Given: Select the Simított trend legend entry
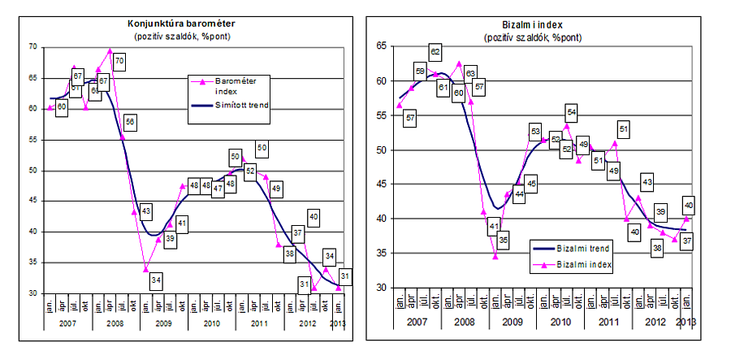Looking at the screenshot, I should pos(236,106).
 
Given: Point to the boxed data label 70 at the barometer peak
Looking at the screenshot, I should pos(119,60).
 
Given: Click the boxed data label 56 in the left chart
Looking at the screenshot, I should pos(130,123).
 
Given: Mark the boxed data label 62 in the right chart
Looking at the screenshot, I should pos(435,53).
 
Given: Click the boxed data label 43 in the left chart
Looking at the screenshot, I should pos(145,213).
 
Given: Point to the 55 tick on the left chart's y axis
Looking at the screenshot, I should pos(33,140).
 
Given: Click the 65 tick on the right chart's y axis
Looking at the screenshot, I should pos(381,48).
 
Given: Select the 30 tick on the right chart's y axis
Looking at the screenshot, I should pos(381,288).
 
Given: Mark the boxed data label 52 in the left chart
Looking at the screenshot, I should pos(250,171).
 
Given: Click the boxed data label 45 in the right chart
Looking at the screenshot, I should pos(532,184).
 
